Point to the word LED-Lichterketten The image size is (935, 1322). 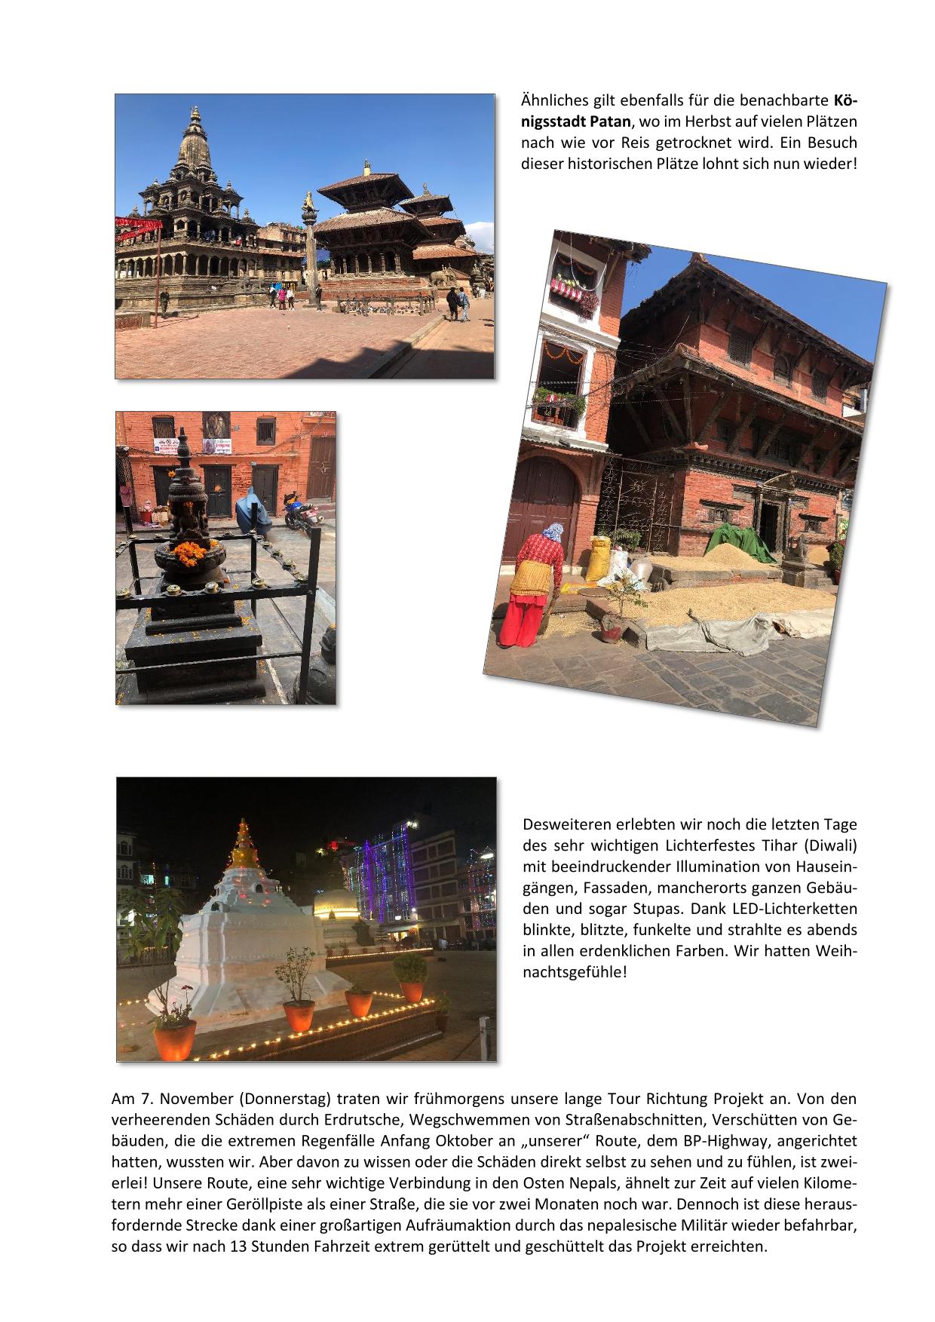[794, 909]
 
